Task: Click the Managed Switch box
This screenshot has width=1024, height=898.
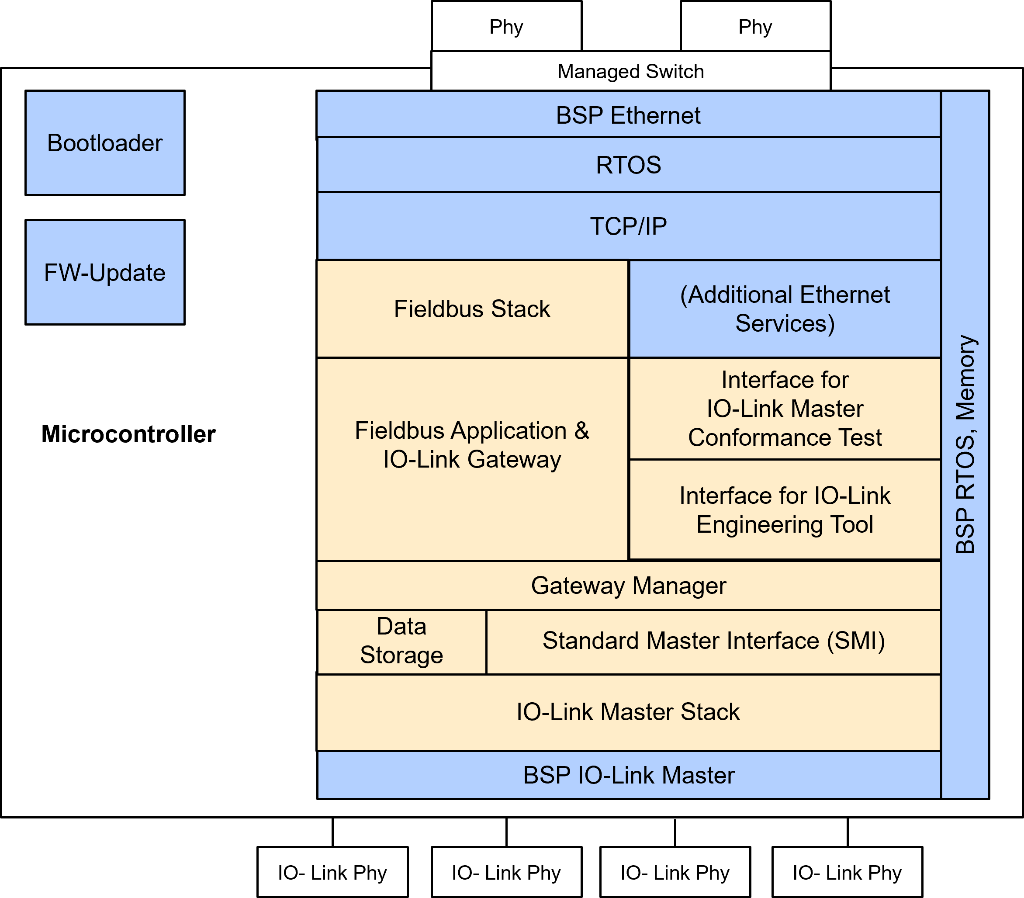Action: pyautogui.click(x=630, y=71)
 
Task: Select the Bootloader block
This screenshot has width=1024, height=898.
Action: pyautogui.click(x=105, y=143)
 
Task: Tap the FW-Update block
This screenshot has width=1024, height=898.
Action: pyautogui.click(x=105, y=272)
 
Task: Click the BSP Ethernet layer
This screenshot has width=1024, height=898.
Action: pyautogui.click(x=628, y=115)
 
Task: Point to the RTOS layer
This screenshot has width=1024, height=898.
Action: pyautogui.click(x=628, y=165)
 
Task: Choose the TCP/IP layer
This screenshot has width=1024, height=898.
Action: pyautogui.click(x=628, y=226)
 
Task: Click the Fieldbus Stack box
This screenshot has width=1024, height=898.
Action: pyautogui.click(x=472, y=309)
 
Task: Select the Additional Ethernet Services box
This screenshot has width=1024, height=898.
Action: pyautogui.click(x=785, y=309)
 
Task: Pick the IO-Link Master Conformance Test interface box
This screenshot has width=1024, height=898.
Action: pyautogui.click(x=785, y=409)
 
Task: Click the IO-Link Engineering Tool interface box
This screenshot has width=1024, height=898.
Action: pyautogui.click(x=785, y=510)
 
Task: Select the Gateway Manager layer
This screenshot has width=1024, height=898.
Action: pyautogui.click(x=628, y=585)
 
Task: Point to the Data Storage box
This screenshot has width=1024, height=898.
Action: pyautogui.click(x=401, y=641)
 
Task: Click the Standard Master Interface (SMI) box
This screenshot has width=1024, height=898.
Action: pyautogui.click(x=713, y=641)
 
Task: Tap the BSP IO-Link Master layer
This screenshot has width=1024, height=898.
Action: pyautogui.click(x=628, y=775)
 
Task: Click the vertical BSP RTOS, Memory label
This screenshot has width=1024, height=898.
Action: pyautogui.click(x=965, y=444)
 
